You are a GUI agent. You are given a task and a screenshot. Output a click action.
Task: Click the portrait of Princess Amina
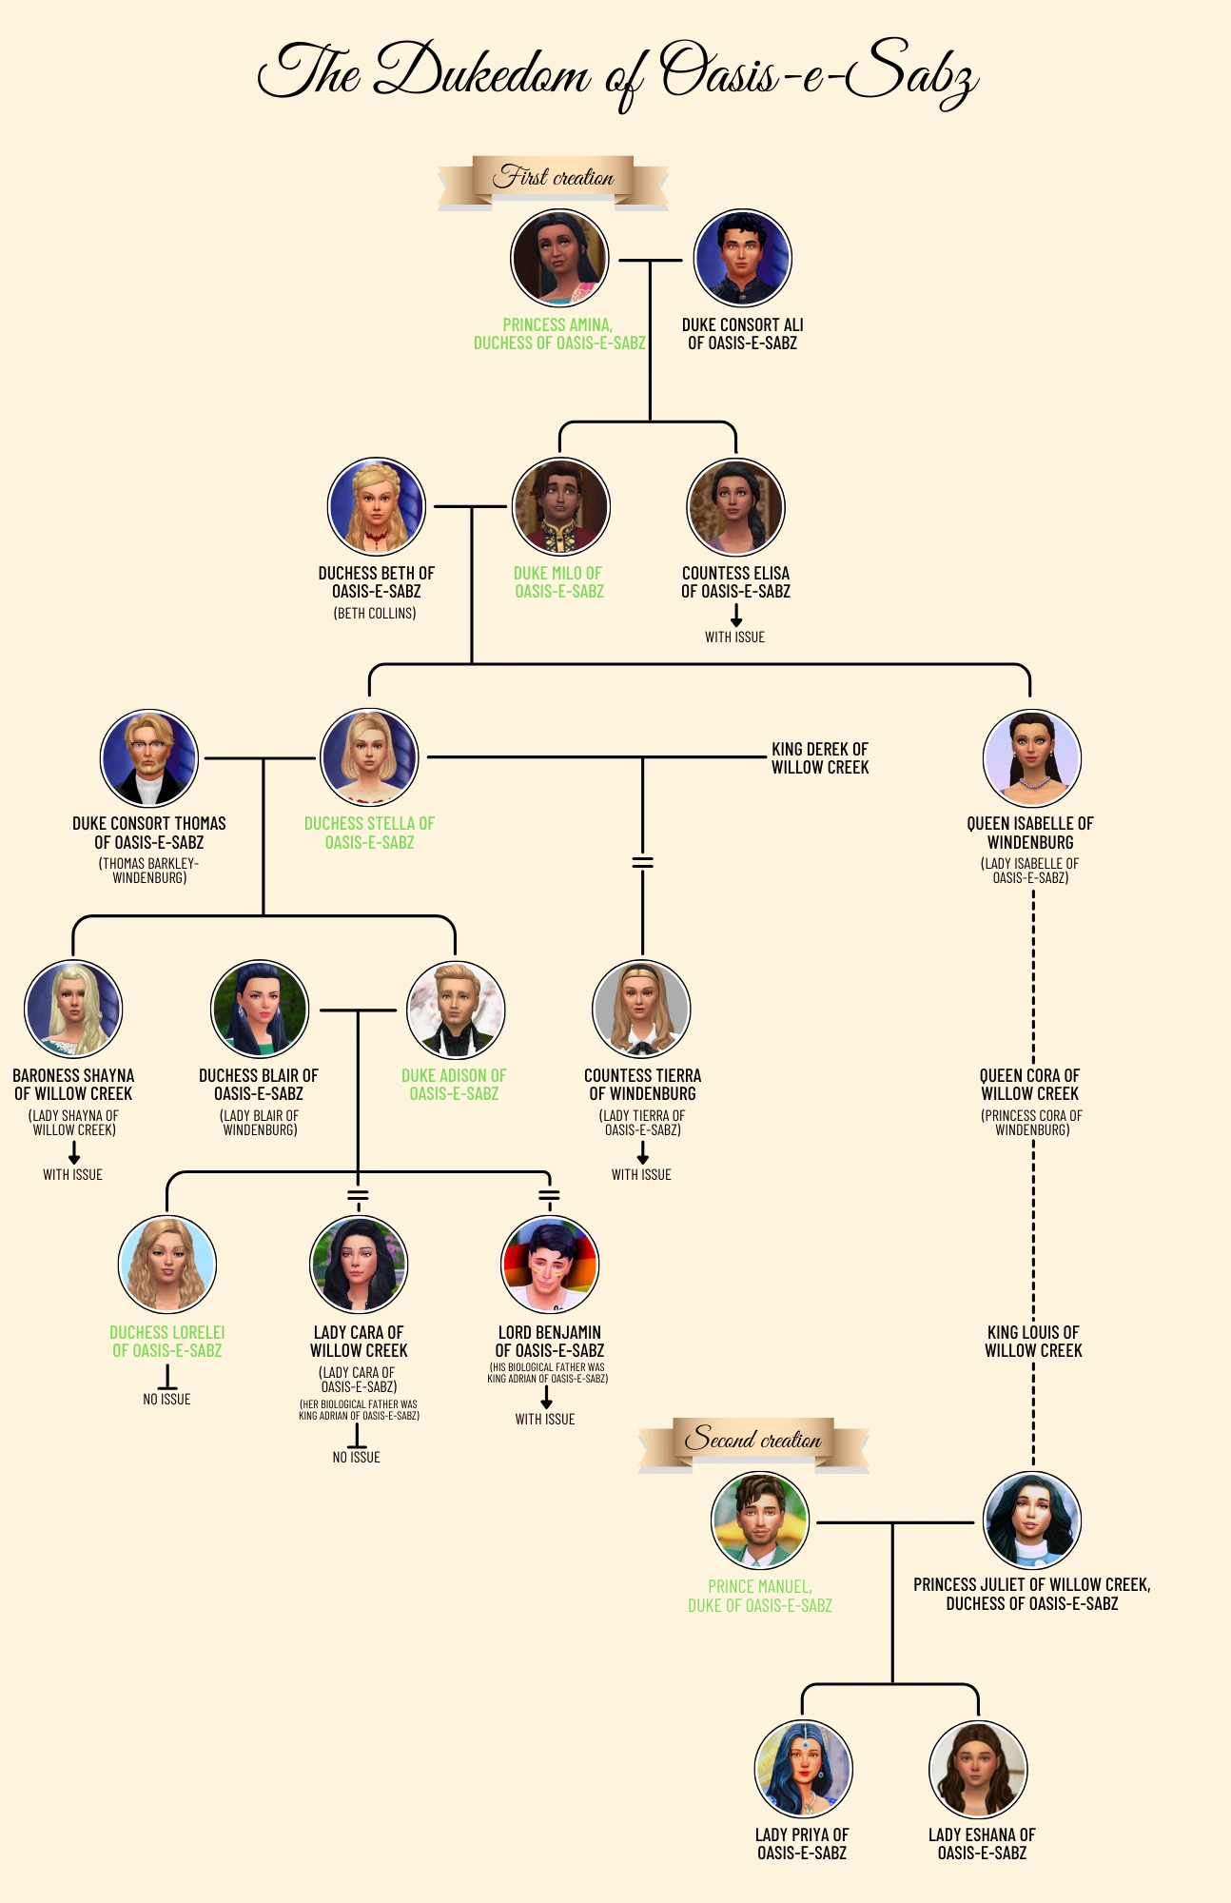(x=559, y=259)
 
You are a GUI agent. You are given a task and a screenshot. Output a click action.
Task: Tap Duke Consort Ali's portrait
(x=743, y=259)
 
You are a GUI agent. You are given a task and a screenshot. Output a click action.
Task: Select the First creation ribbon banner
(x=553, y=180)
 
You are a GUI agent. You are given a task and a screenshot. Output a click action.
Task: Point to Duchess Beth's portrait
(x=376, y=507)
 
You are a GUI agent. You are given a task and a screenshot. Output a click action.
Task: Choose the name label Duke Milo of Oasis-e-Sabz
(x=558, y=582)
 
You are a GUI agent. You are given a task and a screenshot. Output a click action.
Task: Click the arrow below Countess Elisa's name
(x=735, y=617)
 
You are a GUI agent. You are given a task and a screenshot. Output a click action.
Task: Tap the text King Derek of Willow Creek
(x=819, y=758)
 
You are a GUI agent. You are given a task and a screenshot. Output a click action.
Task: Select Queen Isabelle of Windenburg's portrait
(x=1031, y=758)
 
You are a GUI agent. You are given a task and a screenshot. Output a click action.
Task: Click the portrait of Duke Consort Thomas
(x=149, y=758)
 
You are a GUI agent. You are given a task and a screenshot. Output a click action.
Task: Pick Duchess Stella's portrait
(x=369, y=758)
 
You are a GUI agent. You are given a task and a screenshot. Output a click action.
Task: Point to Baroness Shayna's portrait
(x=73, y=1010)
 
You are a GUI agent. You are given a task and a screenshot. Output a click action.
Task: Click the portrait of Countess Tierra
(x=641, y=1010)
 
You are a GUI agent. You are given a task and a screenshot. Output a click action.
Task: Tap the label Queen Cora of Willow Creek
(x=1030, y=1085)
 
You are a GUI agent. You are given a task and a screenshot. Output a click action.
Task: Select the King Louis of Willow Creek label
(x=1033, y=1342)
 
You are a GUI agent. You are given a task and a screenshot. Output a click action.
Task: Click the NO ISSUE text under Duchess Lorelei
(x=166, y=1400)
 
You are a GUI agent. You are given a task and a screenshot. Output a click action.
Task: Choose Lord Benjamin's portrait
(x=549, y=1265)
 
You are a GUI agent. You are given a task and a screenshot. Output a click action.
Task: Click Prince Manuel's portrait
(x=760, y=1521)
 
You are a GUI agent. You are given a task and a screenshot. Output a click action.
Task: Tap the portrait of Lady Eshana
(x=978, y=1770)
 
